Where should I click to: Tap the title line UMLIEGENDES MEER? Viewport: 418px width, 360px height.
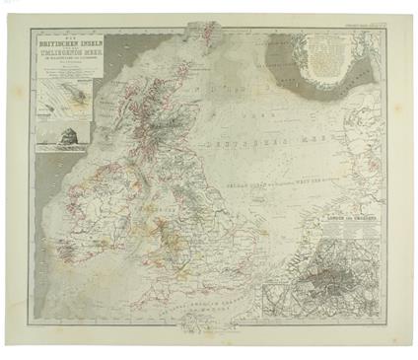click(64, 60)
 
